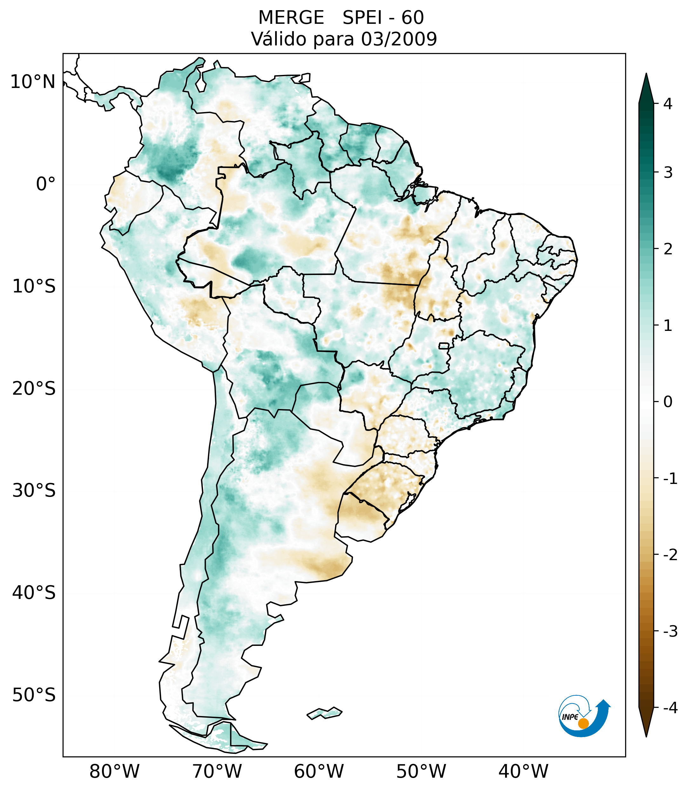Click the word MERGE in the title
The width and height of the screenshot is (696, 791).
pos(291,18)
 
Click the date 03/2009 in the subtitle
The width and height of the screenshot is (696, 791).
pos(399,39)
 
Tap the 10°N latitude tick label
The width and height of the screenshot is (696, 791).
pos(33,82)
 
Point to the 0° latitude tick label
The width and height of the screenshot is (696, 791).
pos(46,184)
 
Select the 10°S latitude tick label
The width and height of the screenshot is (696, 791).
pos(34,286)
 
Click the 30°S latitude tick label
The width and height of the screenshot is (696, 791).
pos(34,491)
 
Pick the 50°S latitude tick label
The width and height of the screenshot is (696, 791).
pos(34,695)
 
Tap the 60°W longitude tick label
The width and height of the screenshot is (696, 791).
pos(319,771)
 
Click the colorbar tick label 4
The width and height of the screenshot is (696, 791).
pos(668,104)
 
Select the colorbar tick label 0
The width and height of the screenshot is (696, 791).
pos(668,402)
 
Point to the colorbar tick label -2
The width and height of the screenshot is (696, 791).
pos(670,555)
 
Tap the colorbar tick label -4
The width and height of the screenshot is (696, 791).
pos(670,708)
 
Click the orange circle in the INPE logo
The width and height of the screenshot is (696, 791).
pos(583,723)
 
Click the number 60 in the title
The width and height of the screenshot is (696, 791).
pos(412,18)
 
